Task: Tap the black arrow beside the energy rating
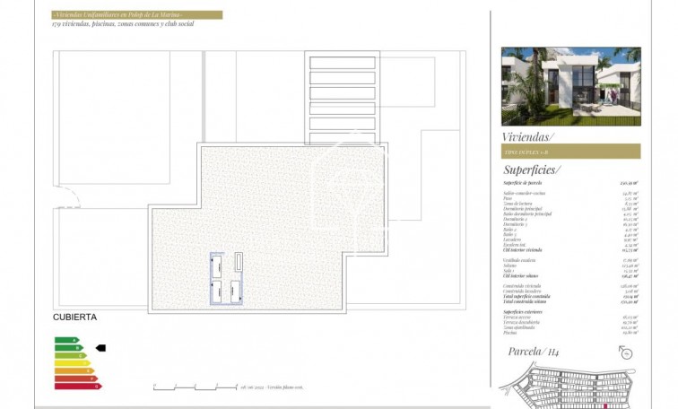(100, 347)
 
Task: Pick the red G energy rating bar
(76, 386)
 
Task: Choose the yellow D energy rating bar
(71, 362)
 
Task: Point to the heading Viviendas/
(529, 136)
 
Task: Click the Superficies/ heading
(532, 169)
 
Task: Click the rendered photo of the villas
(570, 86)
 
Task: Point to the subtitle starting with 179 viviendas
(123, 24)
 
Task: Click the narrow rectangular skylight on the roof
(239, 261)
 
